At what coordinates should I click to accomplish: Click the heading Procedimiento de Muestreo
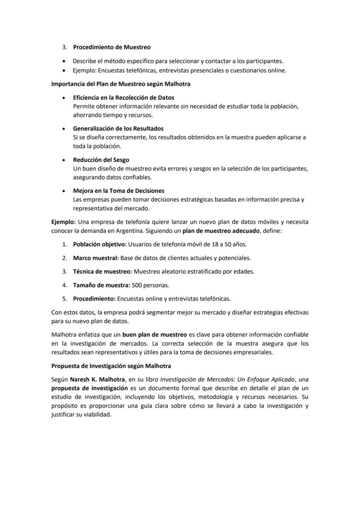click(x=112, y=47)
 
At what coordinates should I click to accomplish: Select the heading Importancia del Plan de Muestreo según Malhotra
click(x=120, y=84)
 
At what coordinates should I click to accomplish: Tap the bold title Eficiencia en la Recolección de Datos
click(x=123, y=97)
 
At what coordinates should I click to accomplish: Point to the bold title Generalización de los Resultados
click(x=118, y=128)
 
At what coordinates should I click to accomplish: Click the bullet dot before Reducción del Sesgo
click(x=64, y=160)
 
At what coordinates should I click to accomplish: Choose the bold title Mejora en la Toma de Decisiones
click(x=118, y=190)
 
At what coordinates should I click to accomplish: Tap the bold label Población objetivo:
click(x=100, y=244)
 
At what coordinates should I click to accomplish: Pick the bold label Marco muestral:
click(x=96, y=258)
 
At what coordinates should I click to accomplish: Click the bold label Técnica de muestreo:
click(x=102, y=271)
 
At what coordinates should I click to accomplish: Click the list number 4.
click(x=64, y=285)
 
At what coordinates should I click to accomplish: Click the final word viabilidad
click(x=97, y=414)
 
